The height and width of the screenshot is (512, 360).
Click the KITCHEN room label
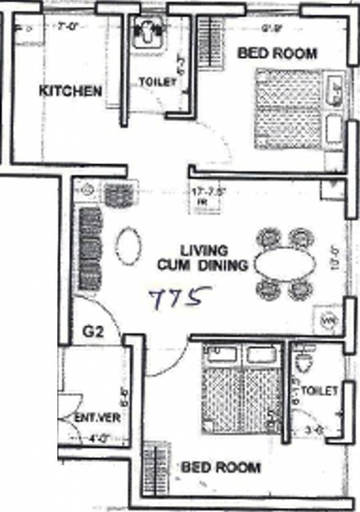pyautogui.click(x=71, y=91)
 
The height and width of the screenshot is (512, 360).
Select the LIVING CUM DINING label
pyautogui.click(x=203, y=258)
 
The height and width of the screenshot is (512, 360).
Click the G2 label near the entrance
pyautogui.click(x=94, y=331)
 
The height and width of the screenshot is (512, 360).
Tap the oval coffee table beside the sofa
pyautogui.click(x=128, y=245)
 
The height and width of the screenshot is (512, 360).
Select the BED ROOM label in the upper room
pyautogui.click(x=277, y=53)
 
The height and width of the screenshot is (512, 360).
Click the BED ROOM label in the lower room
pyautogui.click(x=221, y=467)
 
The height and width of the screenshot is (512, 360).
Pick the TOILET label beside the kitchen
pyautogui.click(x=157, y=82)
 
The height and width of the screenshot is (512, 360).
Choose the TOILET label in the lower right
pyautogui.click(x=319, y=391)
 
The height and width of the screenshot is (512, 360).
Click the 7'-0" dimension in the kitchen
pyautogui.click(x=67, y=28)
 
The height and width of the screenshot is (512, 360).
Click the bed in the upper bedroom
pyautogui.click(x=289, y=108)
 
